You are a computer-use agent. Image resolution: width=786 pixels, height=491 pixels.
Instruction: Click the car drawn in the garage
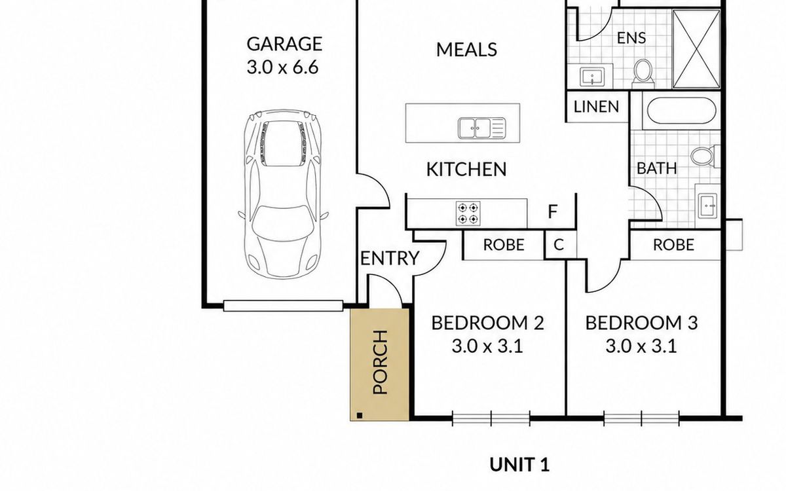283,194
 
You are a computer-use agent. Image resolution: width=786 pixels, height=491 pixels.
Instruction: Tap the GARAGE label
284,44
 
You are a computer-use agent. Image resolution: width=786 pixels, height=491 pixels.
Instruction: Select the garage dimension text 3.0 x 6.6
283,67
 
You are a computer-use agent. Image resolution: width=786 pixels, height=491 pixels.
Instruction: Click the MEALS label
466,50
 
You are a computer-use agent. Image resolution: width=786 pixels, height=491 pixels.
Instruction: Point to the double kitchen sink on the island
482,128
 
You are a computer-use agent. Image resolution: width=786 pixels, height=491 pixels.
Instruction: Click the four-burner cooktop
468,213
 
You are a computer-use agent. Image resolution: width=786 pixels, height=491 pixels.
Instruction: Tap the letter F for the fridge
553,211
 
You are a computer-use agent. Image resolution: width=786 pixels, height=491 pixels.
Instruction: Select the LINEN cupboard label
596,107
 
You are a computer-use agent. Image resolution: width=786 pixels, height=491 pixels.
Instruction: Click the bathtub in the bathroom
681,110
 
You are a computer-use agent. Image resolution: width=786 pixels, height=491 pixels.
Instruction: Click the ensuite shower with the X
696,48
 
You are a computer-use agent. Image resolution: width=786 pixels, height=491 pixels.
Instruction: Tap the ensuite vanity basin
593,77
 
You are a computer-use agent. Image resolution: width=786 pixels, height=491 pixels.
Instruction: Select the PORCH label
381,362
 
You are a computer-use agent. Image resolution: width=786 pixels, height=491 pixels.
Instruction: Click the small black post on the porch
360,416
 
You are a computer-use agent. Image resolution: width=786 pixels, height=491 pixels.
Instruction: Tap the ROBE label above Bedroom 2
504,245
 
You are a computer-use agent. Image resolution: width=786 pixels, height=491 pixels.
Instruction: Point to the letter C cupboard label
559,245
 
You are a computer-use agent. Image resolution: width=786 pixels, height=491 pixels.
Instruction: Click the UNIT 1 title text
519,465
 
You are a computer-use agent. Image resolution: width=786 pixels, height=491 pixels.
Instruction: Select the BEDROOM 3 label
641,323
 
